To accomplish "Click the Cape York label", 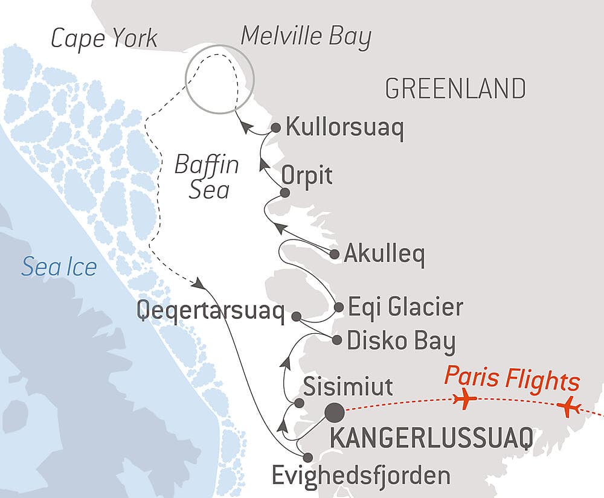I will tap(104, 39).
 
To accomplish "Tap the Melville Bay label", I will tap(306, 37).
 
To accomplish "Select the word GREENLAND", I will tap(455, 89).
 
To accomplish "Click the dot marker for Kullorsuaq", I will tap(275, 128).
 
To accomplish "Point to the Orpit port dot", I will tap(285, 193).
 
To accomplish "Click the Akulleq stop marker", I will tap(335, 255).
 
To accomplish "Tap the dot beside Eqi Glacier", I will tap(339, 307).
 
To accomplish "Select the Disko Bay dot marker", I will tap(337, 340).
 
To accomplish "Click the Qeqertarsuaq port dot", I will tap(296, 316).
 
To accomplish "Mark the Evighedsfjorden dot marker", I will tap(307, 458).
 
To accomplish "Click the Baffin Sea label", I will tap(207, 177).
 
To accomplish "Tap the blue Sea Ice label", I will tap(59, 266).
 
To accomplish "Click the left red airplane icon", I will tap(464, 400).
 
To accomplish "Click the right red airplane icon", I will tap(568, 407).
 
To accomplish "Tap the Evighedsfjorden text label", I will tap(361, 475).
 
